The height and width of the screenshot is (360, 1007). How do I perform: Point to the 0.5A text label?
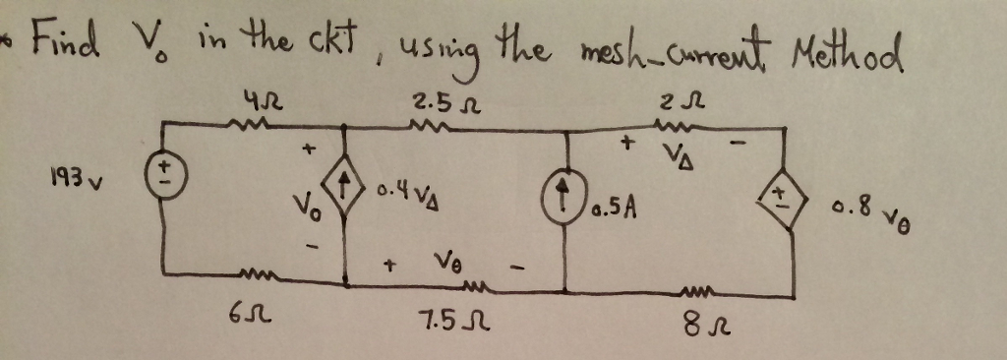point(619,208)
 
